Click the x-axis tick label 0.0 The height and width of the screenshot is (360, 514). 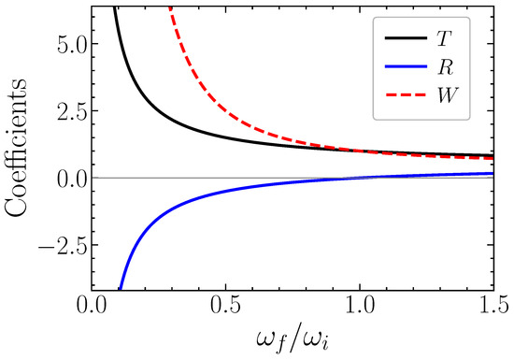[93, 306]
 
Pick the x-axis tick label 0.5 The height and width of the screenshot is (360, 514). [226, 306]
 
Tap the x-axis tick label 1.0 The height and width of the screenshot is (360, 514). [360, 306]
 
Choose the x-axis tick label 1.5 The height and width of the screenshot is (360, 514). [493, 306]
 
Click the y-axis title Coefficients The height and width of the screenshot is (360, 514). [16, 147]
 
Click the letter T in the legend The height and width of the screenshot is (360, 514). [443, 38]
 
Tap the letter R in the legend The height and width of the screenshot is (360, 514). [444, 67]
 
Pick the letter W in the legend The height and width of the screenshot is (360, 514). [447, 95]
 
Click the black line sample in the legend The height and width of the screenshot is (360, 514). [407, 38]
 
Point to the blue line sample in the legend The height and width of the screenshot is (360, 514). [407, 66]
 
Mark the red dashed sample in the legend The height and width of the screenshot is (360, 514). [407, 95]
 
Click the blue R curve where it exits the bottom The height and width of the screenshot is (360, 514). [121, 288]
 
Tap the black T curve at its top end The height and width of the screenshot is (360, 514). [114, 7]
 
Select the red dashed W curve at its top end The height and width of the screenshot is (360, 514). [170, 7]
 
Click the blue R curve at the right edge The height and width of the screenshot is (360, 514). [493, 173]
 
